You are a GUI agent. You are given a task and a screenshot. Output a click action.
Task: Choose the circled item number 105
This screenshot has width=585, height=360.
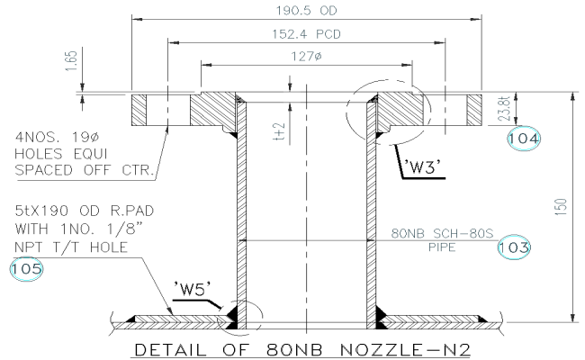tap(25, 267)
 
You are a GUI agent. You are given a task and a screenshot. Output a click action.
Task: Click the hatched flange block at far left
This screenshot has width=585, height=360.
tap(144, 111)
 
